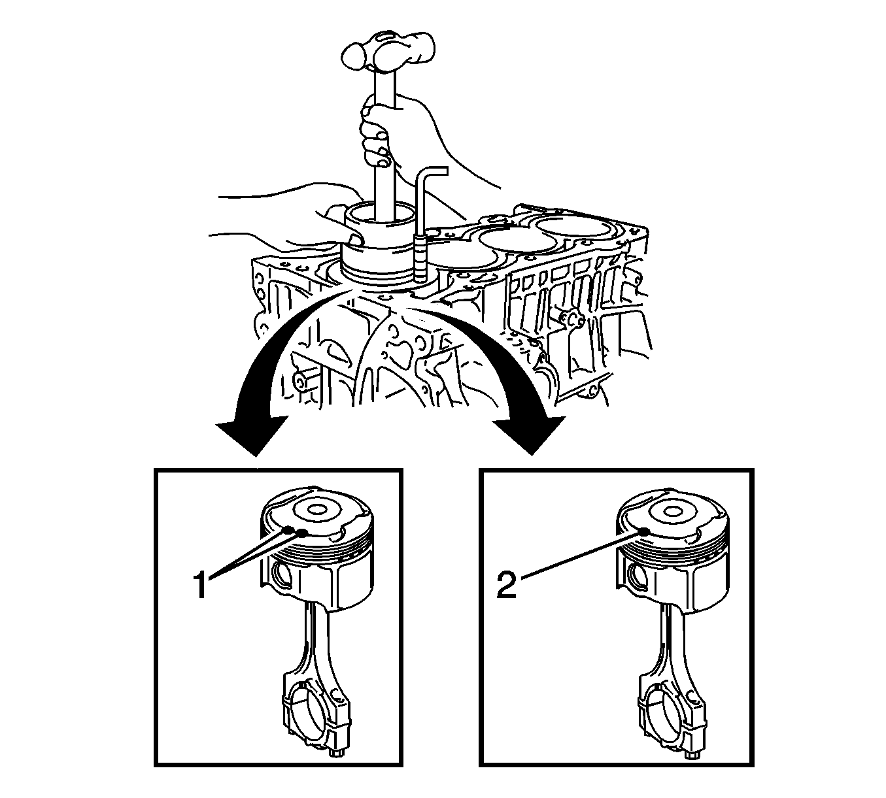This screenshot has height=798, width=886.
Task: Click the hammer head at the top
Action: (389, 51)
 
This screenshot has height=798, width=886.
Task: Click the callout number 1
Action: (201, 584)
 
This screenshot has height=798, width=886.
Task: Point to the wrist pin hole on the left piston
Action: (282, 574)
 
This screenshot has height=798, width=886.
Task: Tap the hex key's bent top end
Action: (428, 170)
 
